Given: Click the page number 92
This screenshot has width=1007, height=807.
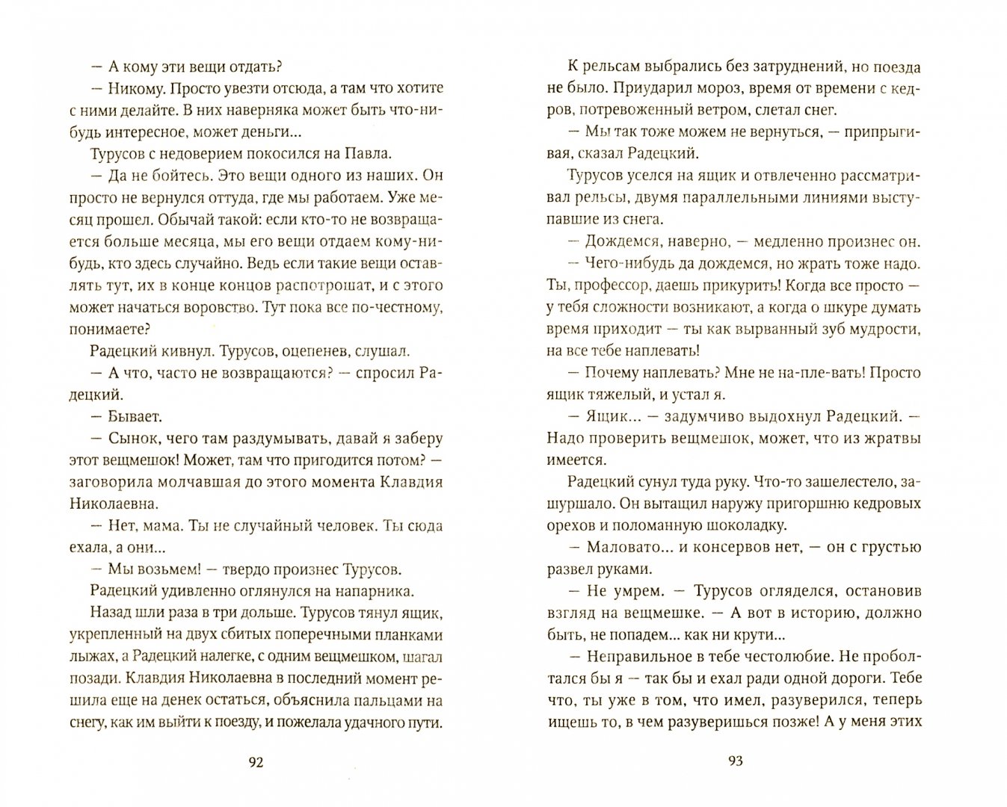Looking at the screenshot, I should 256,762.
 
